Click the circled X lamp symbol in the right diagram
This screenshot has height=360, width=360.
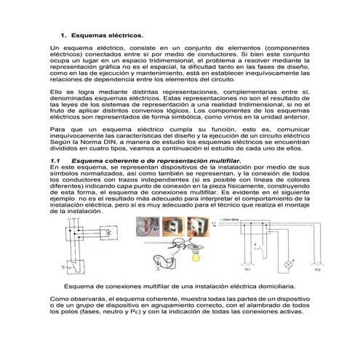293,257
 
